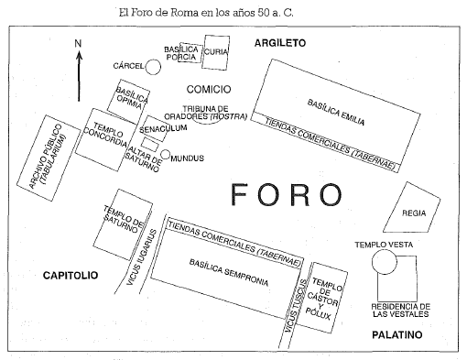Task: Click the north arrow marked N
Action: tap(81, 69)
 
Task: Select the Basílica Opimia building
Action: tap(130, 97)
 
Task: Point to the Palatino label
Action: tap(396, 335)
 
